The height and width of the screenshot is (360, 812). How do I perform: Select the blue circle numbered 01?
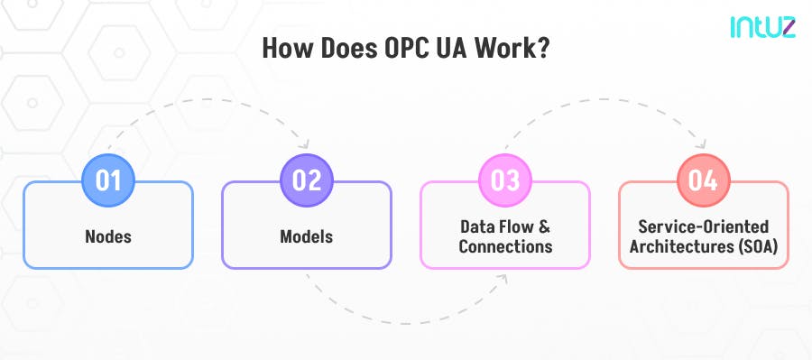tap(108, 180)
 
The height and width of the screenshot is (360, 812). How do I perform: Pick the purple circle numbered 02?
tap(307, 180)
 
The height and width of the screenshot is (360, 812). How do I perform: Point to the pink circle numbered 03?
tap(505, 180)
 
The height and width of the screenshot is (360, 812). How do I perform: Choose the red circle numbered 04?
tap(704, 180)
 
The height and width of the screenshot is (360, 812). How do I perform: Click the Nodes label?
tap(108, 237)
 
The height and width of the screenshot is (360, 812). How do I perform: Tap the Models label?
tap(307, 237)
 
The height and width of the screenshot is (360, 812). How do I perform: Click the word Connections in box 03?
tap(505, 246)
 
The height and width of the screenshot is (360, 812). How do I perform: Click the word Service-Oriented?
tap(704, 227)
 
